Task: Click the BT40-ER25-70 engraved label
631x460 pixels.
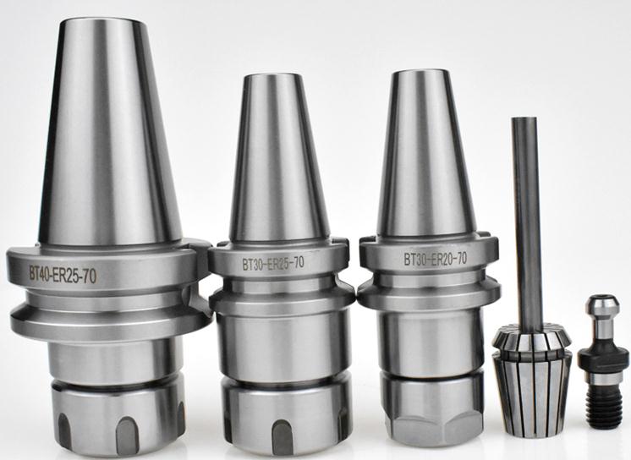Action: pos(63,275)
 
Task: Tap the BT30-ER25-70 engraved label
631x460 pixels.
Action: pos(273,263)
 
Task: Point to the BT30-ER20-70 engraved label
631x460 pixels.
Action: pos(436,259)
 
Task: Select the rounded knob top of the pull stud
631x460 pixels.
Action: pos(602,304)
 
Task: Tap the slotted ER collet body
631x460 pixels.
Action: pos(531,386)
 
